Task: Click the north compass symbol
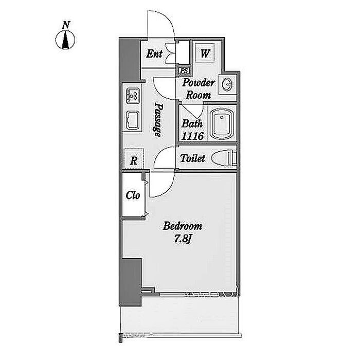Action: point(65,40)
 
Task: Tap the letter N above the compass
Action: point(66,25)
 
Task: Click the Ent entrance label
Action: point(154,53)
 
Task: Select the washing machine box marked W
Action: point(205,53)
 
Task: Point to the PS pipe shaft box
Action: point(184,70)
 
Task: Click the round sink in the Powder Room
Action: point(227,84)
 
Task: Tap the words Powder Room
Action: point(198,88)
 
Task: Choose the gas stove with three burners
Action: point(133,96)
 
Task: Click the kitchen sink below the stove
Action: point(133,120)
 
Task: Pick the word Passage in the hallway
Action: point(158,119)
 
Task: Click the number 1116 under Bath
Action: point(192,136)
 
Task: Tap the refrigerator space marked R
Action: point(134,158)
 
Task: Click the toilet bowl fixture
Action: point(224,158)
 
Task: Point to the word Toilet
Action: point(192,158)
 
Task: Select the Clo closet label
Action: point(133,195)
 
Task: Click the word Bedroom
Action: point(183,226)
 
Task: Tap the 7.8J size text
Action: point(183,239)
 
